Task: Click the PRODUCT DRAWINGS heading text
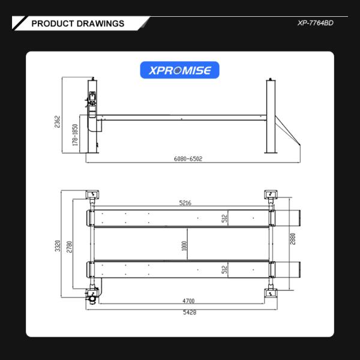[77, 23]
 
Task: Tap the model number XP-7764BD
[314, 23]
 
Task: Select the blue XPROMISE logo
[180, 70]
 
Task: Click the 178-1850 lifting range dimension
[76, 135]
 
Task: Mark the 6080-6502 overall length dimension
[188, 159]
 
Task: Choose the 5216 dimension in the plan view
[184, 203]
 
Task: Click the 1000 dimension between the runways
[184, 245]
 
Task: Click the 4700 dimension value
[188, 301]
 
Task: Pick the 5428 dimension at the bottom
[188, 313]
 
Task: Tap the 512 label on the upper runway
[223, 218]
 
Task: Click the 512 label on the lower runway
[223, 270]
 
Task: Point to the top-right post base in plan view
[271, 194]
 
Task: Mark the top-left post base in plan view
[92, 194]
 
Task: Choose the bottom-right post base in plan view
[271, 294]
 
